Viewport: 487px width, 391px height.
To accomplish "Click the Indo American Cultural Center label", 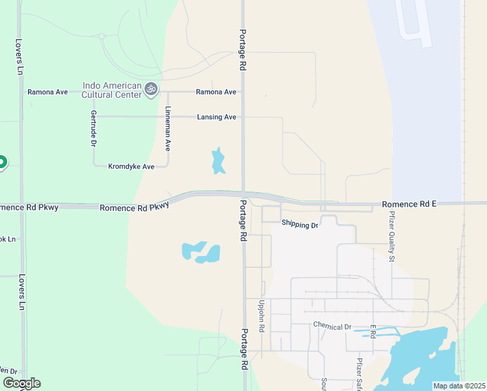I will point(112,90).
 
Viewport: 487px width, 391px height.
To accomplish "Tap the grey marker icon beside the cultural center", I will point(151,89).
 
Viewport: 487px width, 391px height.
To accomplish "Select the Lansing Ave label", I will point(216,117).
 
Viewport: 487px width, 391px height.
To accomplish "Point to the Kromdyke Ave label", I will point(131,167).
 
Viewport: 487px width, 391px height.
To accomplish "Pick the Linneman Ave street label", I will point(167,128).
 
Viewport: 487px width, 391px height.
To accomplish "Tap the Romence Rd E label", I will point(409,204).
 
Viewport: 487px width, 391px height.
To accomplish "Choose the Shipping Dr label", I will point(299,224).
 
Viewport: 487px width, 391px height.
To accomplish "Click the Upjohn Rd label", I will point(262,316).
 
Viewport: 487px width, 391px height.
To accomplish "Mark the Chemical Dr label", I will point(332,326).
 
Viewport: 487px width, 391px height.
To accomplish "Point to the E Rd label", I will point(372,331).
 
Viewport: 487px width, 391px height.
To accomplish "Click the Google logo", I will point(21,383).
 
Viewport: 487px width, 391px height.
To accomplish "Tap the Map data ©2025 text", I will point(459,386).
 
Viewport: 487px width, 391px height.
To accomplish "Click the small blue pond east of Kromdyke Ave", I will point(218,161).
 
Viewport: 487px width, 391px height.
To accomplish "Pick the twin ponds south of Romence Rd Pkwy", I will point(202,252).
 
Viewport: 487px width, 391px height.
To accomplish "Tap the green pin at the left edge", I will point(2,162).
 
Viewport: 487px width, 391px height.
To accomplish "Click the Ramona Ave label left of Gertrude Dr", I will point(47,92).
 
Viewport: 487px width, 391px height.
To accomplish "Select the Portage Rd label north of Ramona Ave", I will point(242,50).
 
